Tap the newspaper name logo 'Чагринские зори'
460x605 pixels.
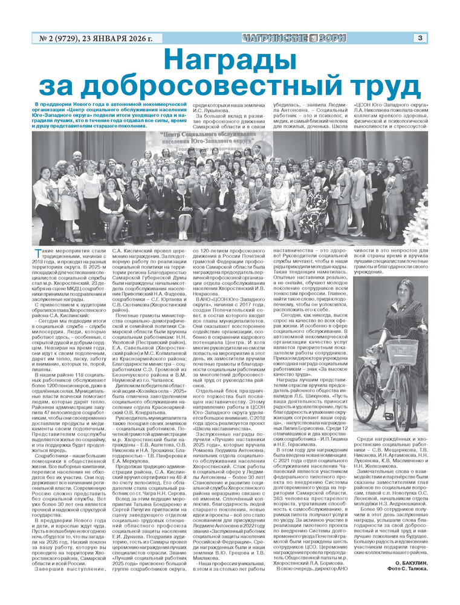[x=294, y=38]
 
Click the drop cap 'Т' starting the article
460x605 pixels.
[x=37, y=253]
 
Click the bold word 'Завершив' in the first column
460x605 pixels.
[x=51, y=585]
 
